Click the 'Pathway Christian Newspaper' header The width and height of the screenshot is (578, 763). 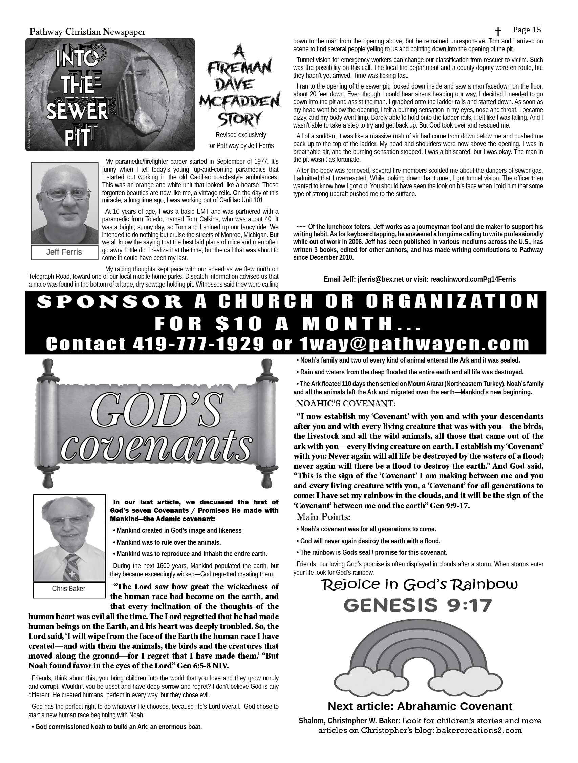[87, 32]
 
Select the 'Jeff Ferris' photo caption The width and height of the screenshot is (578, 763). [64, 252]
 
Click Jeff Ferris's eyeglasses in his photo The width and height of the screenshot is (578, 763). [64, 194]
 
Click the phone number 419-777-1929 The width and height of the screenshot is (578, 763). [198, 344]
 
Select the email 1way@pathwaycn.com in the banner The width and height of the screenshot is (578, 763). [414, 344]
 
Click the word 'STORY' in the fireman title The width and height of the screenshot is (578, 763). [239, 120]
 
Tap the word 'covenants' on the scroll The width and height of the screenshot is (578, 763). [156, 448]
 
